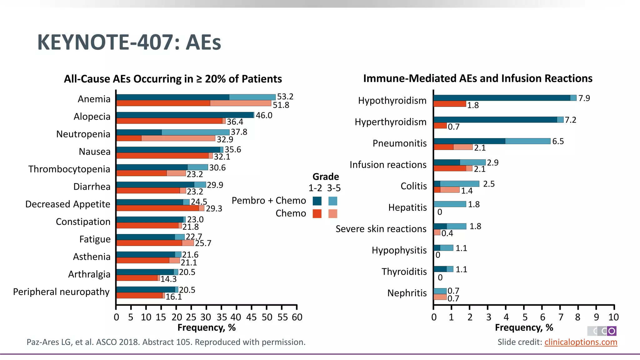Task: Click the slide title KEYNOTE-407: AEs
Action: tap(129, 42)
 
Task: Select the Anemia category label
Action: tap(94, 99)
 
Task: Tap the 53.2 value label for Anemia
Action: tap(285, 97)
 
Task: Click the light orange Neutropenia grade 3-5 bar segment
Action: tap(178, 138)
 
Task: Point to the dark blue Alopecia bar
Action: tap(184, 115)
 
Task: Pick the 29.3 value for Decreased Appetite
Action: tap(214, 208)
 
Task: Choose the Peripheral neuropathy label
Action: tap(61, 292)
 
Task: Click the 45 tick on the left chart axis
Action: tap(251, 317)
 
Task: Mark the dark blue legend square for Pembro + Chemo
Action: tap(317, 201)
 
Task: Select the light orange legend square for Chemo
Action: tap(333, 214)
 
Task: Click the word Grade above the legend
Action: tap(326, 177)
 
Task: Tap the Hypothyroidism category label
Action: tap(392, 101)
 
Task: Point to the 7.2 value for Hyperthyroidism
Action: tap(570, 120)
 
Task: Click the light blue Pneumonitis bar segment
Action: tap(527, 141)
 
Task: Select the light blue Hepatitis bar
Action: tap(450, 204)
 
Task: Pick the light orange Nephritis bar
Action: tap(440, 297)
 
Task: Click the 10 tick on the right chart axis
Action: tap(613, 317)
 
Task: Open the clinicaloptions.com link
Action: tap(581, 342)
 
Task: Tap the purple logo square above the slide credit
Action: tap(612, 331)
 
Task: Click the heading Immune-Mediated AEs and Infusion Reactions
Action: tap(477, 78)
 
